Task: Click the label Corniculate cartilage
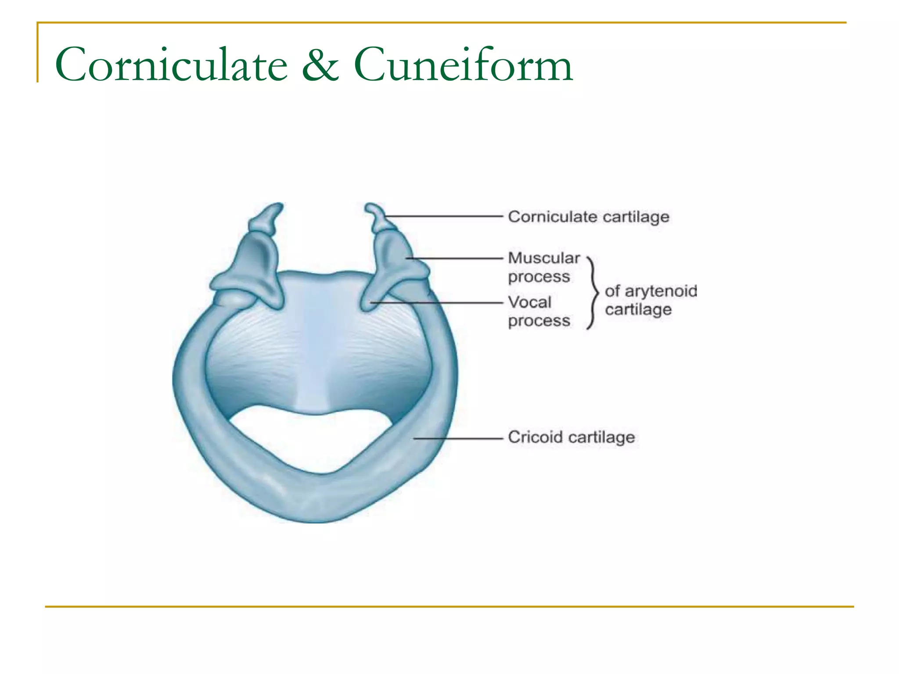click(x=589, y=217)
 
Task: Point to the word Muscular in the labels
click(x=544, y=258)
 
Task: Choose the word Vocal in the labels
click(x=529, y=302)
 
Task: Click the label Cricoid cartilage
click(x=572, y=437)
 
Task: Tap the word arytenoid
click(x=661, y=291)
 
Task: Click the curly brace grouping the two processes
click(x=593, y=293)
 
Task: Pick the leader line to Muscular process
click(x=454, y=258)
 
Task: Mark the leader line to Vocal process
click(x=436, y=303)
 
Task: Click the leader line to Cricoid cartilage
click(x=458, y=438)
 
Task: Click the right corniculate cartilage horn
click(x=378, y=217)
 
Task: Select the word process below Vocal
click(x=539, y=321)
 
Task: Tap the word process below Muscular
click(x=539, y=277)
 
